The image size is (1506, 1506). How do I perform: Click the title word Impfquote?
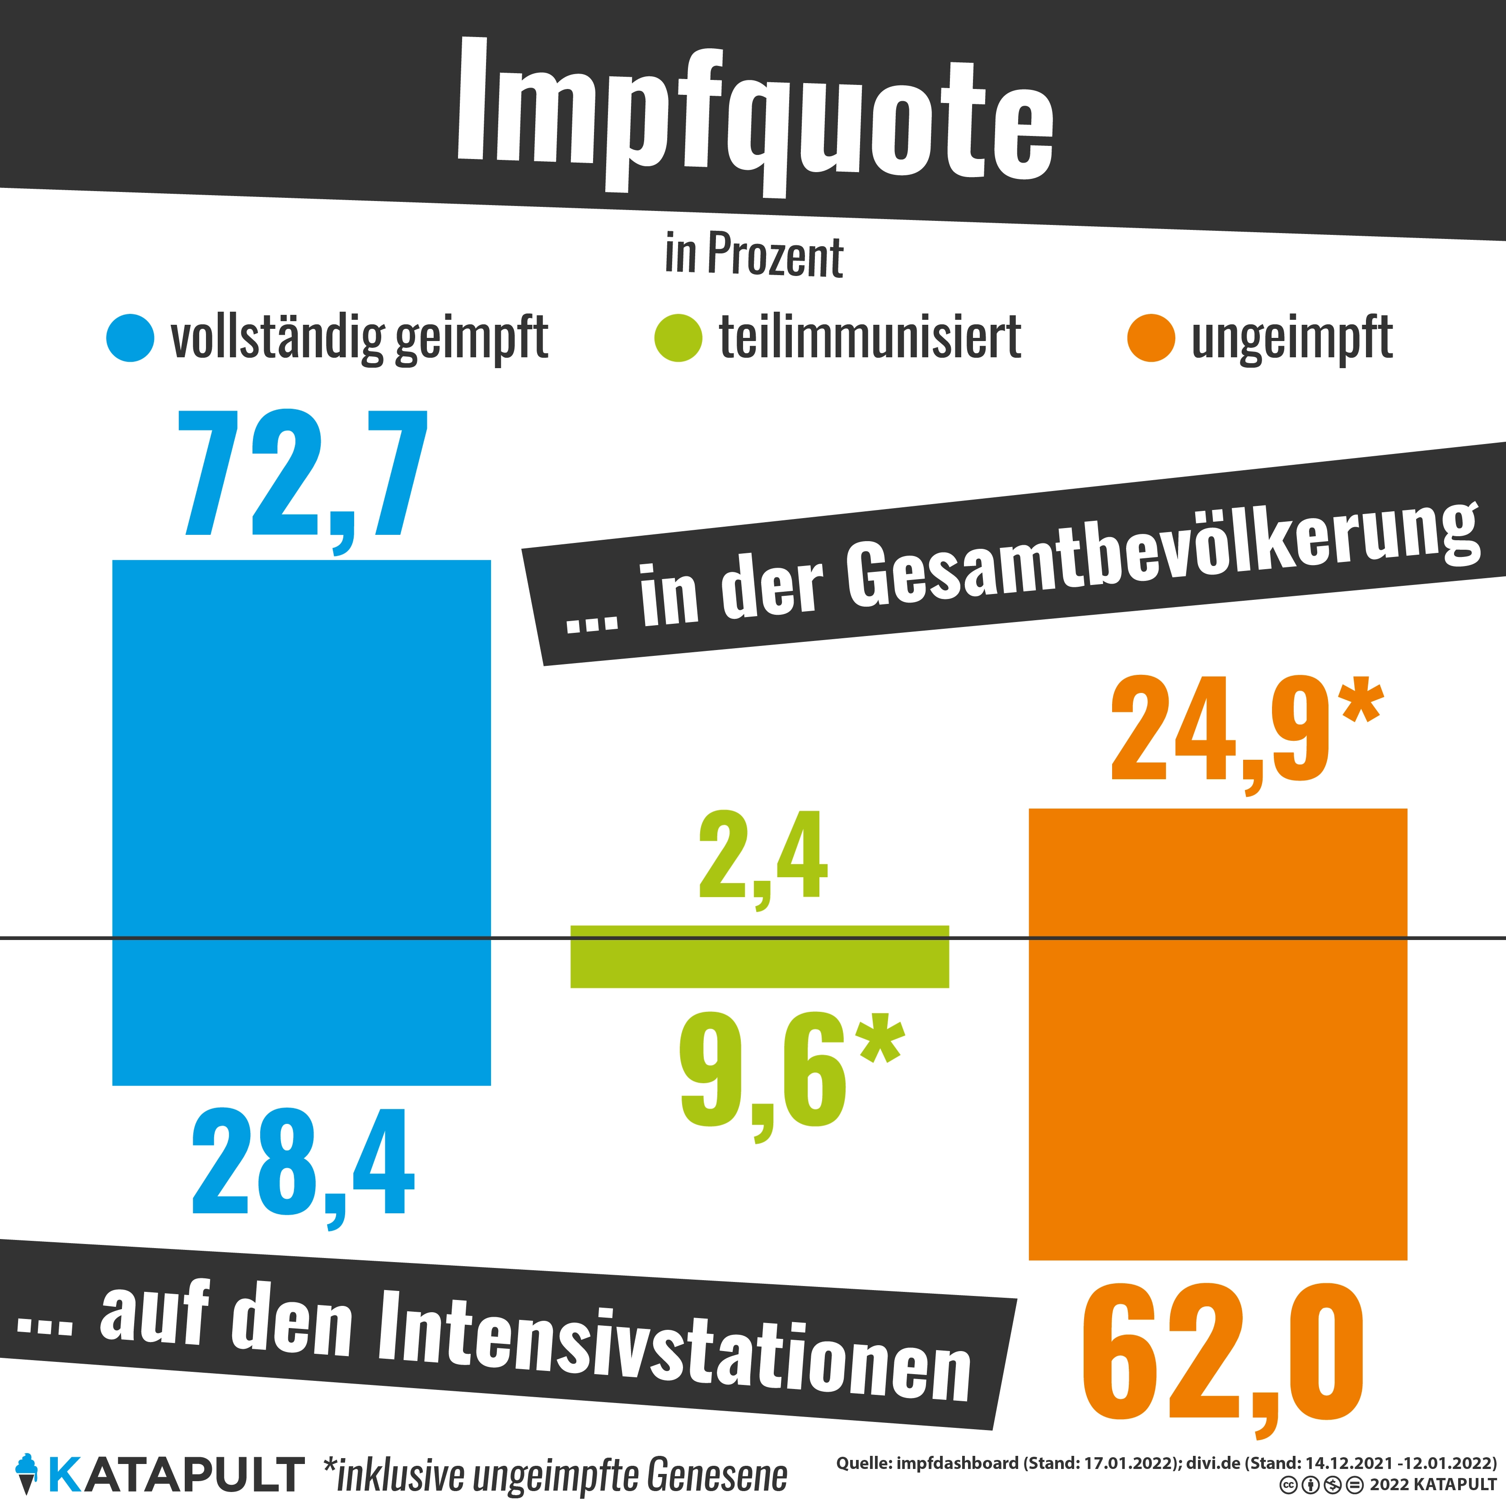click(754, 117)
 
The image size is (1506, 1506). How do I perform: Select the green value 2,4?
click(762, 856)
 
